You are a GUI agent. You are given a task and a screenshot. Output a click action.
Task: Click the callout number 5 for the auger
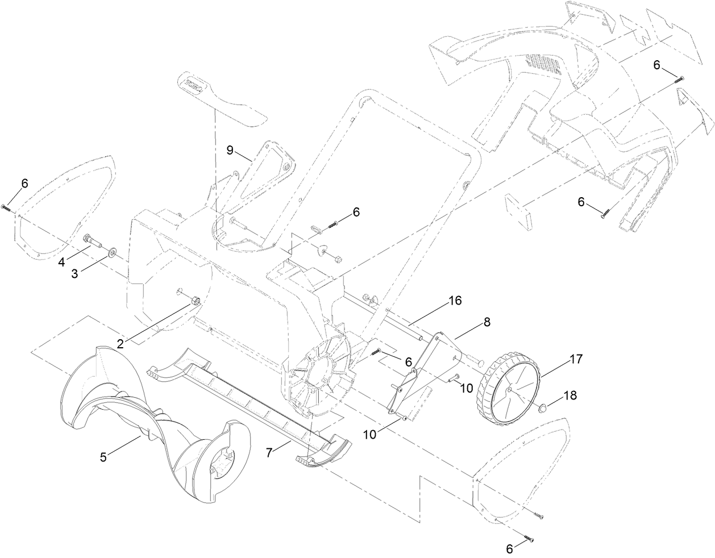coord(103,456)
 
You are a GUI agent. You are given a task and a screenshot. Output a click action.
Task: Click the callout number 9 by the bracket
coord(230,150)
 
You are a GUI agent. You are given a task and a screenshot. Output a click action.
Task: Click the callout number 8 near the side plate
coord(487,320)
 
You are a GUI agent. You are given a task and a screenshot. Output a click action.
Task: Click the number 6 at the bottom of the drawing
coord(510,548)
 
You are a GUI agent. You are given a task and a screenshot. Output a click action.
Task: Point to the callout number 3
coord(74,273)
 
